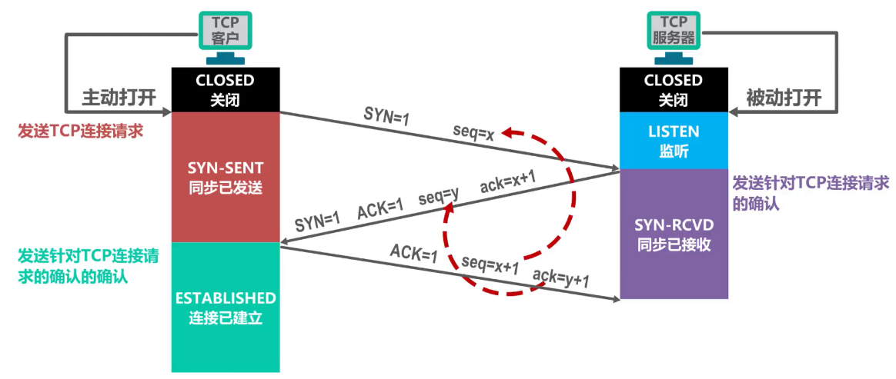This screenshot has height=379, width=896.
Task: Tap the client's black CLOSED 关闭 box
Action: (x=224, y=89)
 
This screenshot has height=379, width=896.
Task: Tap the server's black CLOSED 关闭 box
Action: (x=673, y=89)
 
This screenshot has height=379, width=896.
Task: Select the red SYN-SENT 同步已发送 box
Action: (x=224, y=177)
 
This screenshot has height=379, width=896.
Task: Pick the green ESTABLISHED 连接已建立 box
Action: (x=224, y=307)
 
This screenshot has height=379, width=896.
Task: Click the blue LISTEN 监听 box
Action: (x=673, y=140)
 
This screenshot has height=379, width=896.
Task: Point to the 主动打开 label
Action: (x=119, y=98)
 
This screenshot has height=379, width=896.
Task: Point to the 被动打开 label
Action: (x=784, y=98)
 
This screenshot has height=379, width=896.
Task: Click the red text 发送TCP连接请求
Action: (x=81, y=131)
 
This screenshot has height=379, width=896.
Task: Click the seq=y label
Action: (x=439, y=197)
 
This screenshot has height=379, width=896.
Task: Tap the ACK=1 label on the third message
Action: (x=413, y=252)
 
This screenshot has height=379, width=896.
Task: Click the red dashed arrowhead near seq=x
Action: (x=509, y=133)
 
